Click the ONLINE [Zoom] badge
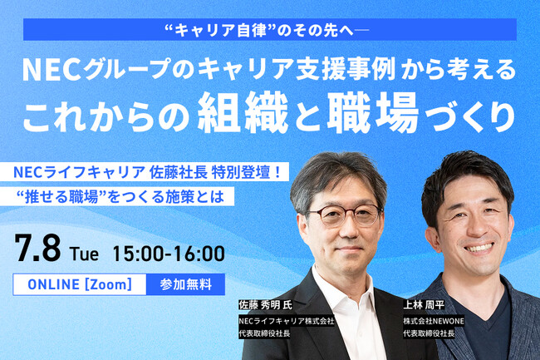(81, 284)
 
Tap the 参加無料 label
(185, 284)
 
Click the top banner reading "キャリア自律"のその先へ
(269, 30)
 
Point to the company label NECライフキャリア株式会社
(286, 320)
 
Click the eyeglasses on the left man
(341, 214)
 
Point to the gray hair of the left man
(332, 170)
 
